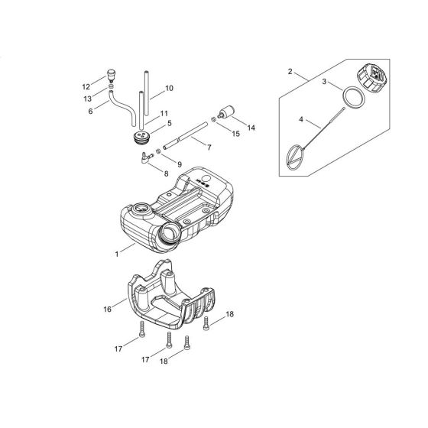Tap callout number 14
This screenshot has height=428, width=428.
coord(251,128)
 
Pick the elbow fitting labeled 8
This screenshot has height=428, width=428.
coord(146,157)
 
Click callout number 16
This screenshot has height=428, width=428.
coord(107,309)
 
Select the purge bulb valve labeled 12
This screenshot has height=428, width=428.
coord(111,75)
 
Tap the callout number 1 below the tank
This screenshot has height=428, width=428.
coord(117,254)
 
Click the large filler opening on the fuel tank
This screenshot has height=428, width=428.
coord(170,232)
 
